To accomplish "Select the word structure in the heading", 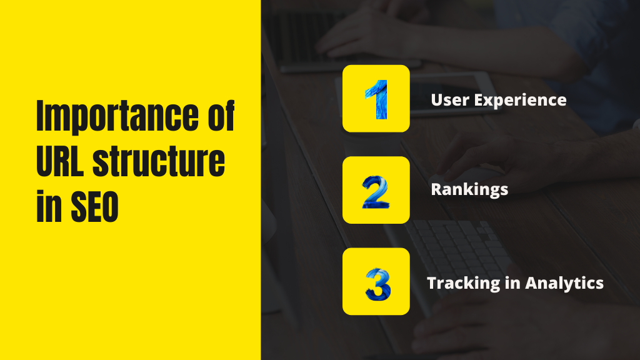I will point(159,164).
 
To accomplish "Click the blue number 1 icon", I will point(376,99).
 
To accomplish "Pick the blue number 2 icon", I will point(376,191).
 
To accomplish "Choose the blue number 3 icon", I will point(376,282).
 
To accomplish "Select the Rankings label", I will point(469,189).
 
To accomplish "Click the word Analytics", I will point(564,282).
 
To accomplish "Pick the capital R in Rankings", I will point(436,189).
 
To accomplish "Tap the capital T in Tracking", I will point(432,282).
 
